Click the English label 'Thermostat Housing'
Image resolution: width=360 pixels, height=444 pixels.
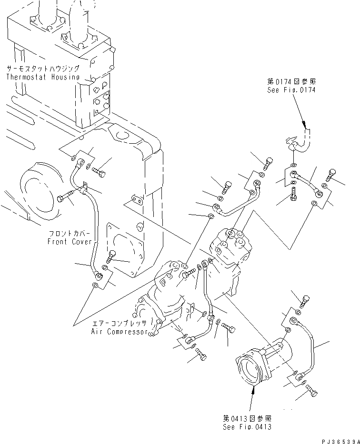point(43,77)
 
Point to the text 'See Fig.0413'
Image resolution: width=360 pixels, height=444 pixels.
point(247,426)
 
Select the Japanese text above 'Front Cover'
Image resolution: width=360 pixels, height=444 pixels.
point(67,234)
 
